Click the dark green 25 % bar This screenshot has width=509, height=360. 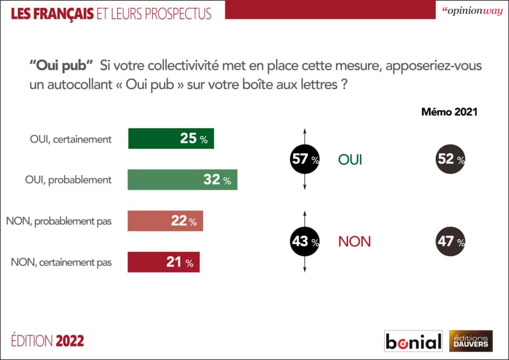(171, 139)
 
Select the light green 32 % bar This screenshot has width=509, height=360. (182, 180)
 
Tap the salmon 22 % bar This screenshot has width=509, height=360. (165, 221)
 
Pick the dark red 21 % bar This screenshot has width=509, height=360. (164, 263)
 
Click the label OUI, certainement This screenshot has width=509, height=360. (70, 139)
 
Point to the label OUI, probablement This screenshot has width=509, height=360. (68, 180)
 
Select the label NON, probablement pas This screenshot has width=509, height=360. (59, 222)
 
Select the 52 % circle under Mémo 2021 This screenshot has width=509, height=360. (450, 160)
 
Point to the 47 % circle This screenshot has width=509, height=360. (450, 242)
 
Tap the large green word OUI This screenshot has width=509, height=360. (350, 160)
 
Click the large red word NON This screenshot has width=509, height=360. (354, 242)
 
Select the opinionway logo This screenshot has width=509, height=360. (470, 11)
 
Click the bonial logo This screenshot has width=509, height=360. (414, 341)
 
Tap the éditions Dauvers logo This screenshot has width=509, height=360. (470, 341)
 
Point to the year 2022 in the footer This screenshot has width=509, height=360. (70, 341)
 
